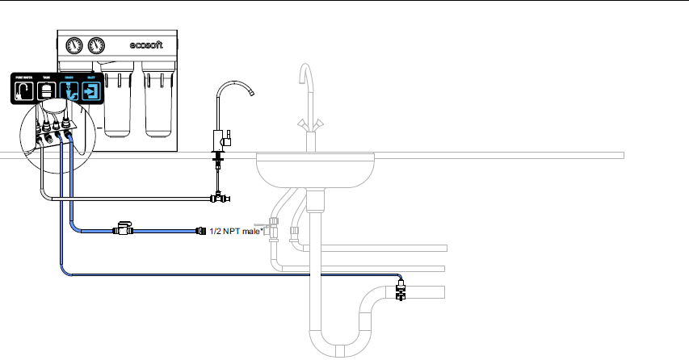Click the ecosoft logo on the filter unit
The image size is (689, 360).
(x=147, y=45)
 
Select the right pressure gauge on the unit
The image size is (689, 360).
(x=98, y=45)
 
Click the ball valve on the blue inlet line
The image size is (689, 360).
(x=123, y=230)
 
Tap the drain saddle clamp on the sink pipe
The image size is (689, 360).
(x=400, y=288)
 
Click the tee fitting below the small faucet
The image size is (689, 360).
(x=217, y=197)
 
